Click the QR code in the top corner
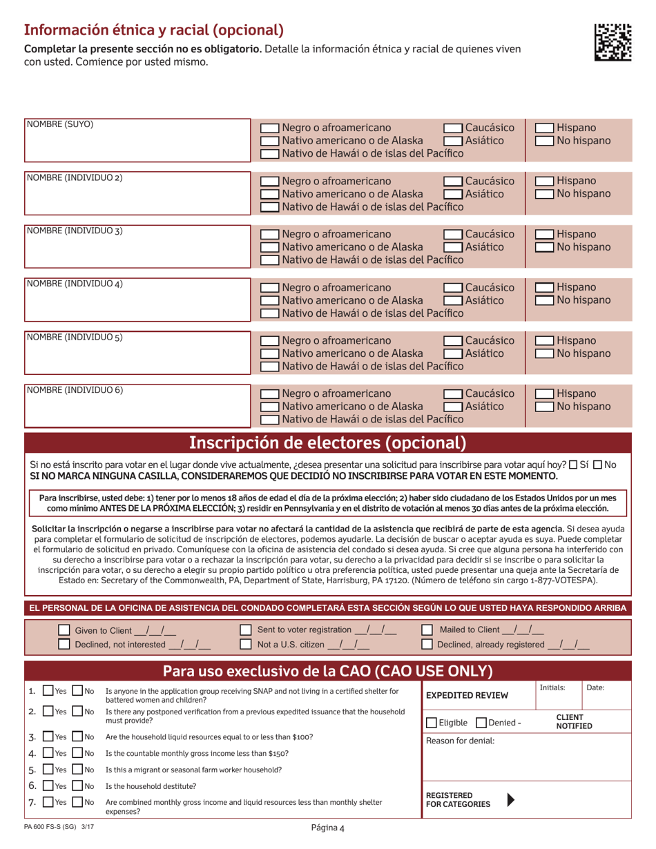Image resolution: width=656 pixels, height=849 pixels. click(x=612, y=43)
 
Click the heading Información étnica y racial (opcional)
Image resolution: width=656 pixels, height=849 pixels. click(x=153, y=30)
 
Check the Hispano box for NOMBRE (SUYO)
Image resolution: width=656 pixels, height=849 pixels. click(x=546, y=128)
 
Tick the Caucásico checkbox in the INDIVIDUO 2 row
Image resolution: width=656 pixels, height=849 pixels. click(x=452, y=182)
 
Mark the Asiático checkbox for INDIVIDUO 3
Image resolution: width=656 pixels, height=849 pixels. click(x=452, y=247)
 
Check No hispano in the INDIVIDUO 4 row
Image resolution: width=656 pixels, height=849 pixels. click(x=546, y=301)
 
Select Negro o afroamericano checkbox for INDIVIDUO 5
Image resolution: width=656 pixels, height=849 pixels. click(x=269, y=342)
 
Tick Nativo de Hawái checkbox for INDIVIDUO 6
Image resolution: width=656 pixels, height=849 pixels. click(x=269, y=420)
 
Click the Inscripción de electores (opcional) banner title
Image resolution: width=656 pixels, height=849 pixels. click(x=328, y=442)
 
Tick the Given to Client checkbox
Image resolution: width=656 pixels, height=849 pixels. click(x=64, y=630)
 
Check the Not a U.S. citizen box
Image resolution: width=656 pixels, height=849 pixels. click(x=245, y=645)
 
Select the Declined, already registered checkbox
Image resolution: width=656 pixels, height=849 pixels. click(x=427, y=645)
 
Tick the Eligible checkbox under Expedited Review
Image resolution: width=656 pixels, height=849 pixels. click(x=432, y=723)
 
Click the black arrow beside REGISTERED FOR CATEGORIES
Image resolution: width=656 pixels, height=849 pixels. click(x=510, y=800)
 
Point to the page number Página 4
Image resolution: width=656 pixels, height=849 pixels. click(x=328, y=830)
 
